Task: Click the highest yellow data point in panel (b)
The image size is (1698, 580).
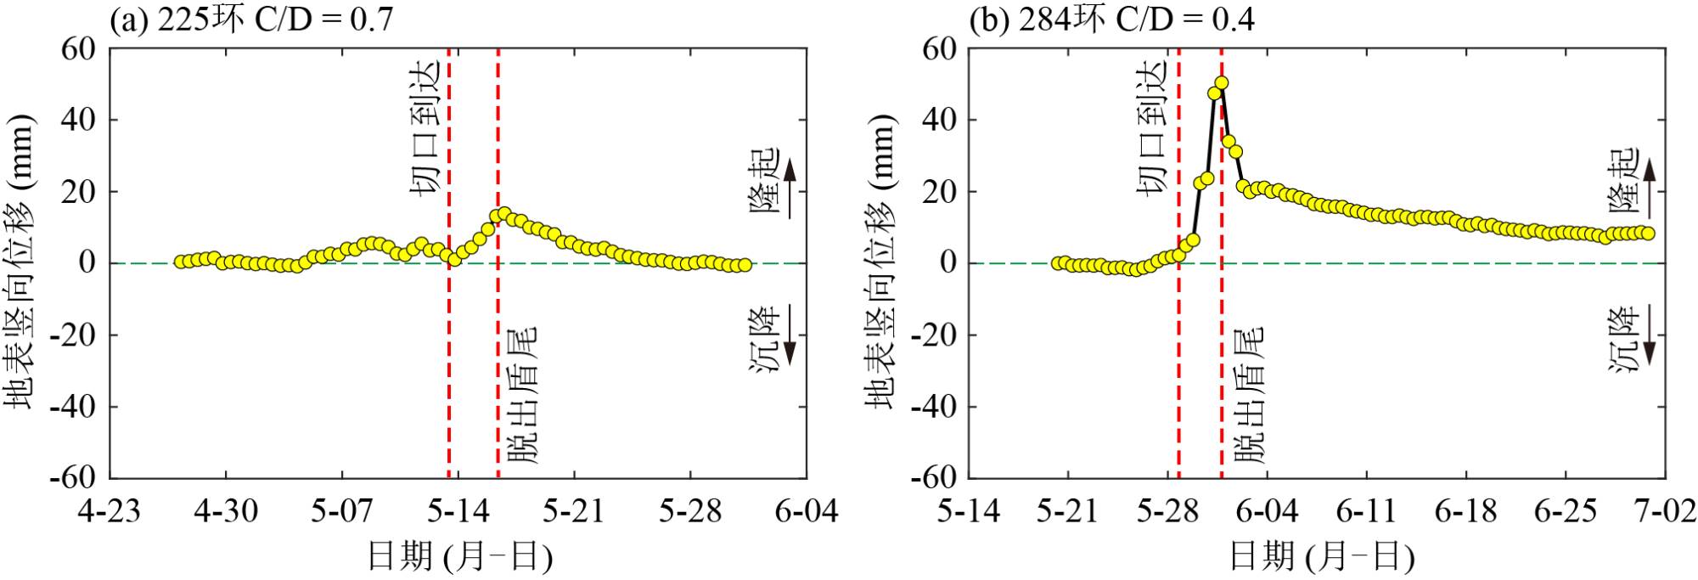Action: [x=1222, y=83]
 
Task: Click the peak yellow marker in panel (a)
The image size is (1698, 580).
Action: [x=503, y=213]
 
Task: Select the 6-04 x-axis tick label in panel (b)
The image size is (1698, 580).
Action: [x=1267, y=511]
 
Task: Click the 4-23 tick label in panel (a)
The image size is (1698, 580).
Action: [x=110, y=511]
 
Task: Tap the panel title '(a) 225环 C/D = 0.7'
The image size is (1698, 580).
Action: [x=252, y=20]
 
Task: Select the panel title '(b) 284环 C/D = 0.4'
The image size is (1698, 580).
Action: [x=1112, y=20]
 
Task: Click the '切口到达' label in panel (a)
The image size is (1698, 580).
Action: [x=424, y=127]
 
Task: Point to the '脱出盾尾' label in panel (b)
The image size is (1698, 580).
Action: [x=1249, y=395]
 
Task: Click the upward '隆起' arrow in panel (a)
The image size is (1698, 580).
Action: [x=790, y=188]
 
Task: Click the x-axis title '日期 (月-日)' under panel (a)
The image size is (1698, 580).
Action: [x=459, y=556]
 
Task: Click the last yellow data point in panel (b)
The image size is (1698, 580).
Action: [x=1648, y=234]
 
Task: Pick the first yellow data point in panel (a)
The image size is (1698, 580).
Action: [x=180, y=262]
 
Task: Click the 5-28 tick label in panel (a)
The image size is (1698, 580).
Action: [x=690, y=511]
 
